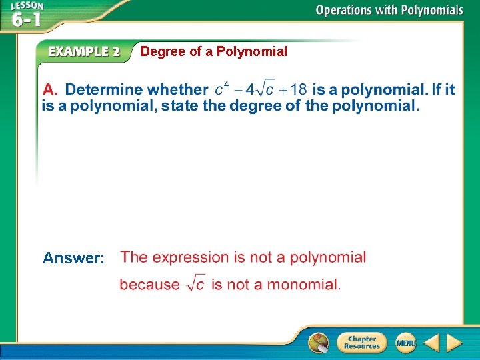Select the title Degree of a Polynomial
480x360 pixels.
pyautogui.click(x=214, y=51)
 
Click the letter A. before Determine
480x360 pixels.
pyautogui.click(x=51, y=89)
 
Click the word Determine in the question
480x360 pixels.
pyautogui.click(x=103, y=89)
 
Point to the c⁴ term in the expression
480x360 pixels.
pyautogui.click(x=222, y=89)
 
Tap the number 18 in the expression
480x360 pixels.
pyautogui.click(x=298, y=89)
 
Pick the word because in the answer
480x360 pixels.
pyautogui.click(x=149, y=285)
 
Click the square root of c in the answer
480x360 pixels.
pyautogui.click(x=195, y=284)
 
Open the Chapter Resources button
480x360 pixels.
pyautogui.click(x=361, y=343)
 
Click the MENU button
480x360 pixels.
pyautogui.click(x=405, y=343)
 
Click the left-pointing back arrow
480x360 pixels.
pyautogui.click(x=431, y=343)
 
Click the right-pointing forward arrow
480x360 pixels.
pyautogui.click(x=454, y=343)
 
